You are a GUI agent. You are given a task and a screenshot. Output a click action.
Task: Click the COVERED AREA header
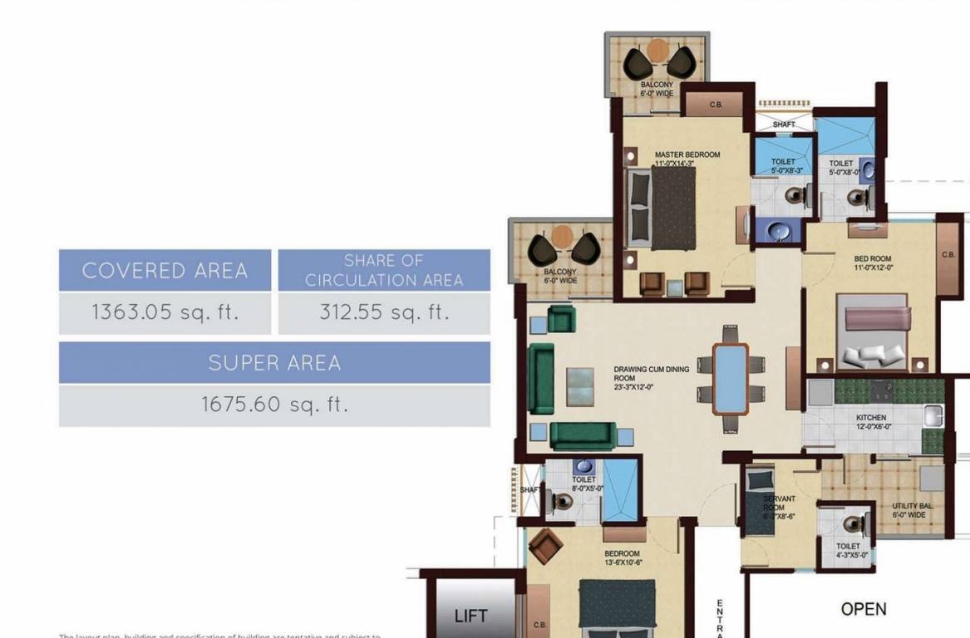point(165,271)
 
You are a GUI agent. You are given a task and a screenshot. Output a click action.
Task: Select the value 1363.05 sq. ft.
point(165,312)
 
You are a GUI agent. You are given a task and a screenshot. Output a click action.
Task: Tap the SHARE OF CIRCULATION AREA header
point(383,271)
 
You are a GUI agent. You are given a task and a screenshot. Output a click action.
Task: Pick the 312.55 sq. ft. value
point(383,312)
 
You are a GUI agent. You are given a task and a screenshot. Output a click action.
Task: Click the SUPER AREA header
point(274,363)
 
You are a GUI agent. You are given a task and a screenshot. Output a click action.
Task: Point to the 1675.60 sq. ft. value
point(274,405)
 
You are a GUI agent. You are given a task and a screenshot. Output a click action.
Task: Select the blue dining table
point(731,378)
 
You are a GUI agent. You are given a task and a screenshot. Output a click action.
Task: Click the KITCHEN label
point(871,421)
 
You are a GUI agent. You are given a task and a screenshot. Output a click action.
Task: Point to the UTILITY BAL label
point(912,510)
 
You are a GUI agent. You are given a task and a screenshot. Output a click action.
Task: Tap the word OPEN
point(864,609)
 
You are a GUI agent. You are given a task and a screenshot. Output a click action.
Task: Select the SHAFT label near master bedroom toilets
point(783,125)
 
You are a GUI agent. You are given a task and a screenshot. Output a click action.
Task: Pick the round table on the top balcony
point(657,49)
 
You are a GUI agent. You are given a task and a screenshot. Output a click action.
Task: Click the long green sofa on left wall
point(541,378)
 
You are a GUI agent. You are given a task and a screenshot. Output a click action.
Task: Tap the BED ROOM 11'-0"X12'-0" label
point(872,263)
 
